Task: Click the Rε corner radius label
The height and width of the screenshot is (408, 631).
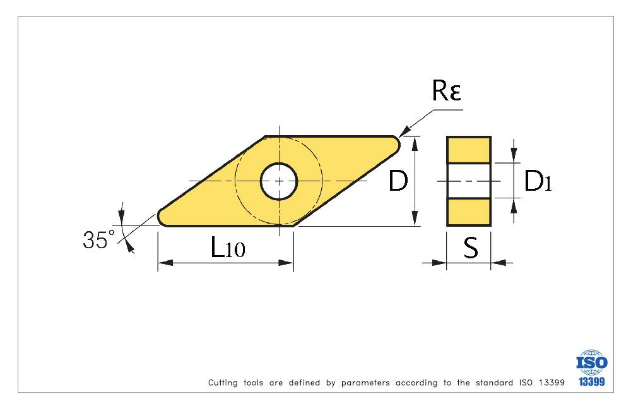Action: (446, 90)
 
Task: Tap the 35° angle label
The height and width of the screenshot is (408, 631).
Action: (98, 239)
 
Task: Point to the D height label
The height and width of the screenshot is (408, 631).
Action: (398, 181)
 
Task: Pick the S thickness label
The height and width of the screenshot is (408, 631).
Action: (471, 248)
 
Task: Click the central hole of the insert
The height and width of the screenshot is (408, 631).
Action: (279, 181)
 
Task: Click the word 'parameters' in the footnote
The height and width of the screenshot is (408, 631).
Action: (365, 383)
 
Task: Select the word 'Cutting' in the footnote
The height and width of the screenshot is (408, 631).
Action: (223, 383)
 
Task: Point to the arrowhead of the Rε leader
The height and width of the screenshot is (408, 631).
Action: (404, 132)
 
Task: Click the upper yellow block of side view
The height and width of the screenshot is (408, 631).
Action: (469, 150)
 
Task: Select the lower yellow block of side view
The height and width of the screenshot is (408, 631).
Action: (469, 212)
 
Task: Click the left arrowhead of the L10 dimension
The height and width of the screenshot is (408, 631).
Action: (165, 263)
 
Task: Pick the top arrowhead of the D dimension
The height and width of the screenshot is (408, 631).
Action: (415, 144)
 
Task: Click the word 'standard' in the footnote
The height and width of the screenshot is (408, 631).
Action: (494, 383)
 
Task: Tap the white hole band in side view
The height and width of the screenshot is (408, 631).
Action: (469, 181)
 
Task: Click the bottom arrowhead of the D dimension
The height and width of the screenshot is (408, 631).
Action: (415, 219)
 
